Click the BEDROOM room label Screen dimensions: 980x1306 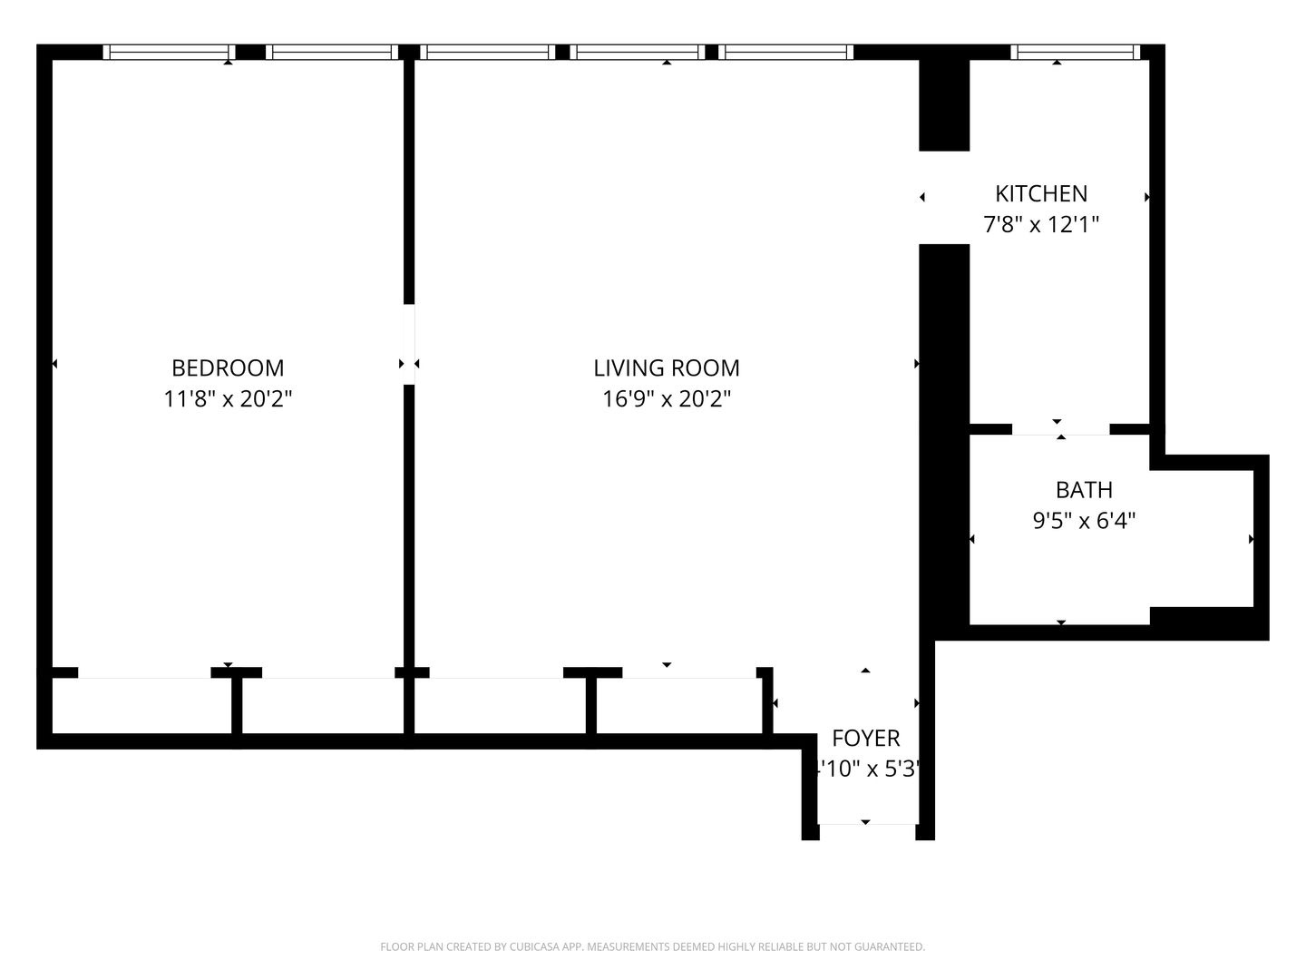pos(228,367)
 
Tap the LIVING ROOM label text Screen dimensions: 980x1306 pos(667,367)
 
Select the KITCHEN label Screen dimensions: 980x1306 pos(1041,193)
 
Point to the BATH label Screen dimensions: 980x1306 pos(1084,490)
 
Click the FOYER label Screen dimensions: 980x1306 pos(865,738)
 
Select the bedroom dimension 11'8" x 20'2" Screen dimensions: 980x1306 pos(228,398)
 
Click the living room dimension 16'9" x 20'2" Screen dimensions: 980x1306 pos(667,398)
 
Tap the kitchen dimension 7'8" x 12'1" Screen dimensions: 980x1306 pos(1041,224)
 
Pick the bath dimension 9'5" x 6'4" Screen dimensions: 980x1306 pos(1084,521)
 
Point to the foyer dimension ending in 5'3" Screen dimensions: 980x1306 pos(867,769)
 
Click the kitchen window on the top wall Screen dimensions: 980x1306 pos(1075,53)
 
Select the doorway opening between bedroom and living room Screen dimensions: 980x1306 pos(409,344)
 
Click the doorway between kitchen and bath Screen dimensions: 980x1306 pos(1060,429)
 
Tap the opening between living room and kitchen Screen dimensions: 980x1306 pos(944,197)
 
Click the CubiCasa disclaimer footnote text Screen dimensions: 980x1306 pos(652,946)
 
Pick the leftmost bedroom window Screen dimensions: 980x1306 pos(169,53)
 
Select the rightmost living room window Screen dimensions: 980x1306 pos(787,53)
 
